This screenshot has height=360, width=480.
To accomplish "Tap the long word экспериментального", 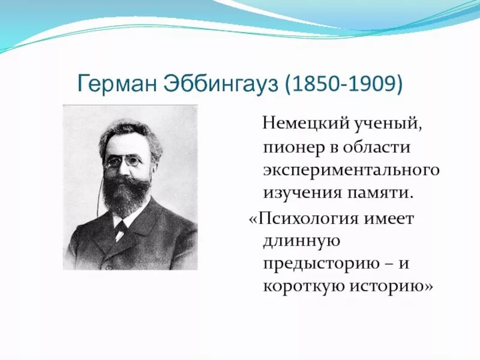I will (351, 170).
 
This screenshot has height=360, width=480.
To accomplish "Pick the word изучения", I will (298, 193).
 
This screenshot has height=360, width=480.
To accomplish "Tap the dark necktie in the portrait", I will (121, 228).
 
